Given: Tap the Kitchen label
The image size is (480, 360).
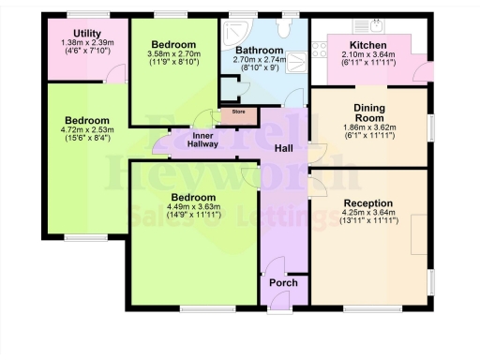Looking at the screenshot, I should [367, 44].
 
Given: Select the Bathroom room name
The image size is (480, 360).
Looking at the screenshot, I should [259, 50].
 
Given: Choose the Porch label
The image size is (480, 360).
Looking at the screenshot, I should [283, 282].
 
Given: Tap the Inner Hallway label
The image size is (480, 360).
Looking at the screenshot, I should [202, 139].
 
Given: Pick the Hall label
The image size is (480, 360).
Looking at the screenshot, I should [285, 148].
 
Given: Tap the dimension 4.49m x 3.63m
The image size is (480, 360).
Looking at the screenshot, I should [193, 207].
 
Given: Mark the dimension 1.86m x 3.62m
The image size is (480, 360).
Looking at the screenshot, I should [369, 126].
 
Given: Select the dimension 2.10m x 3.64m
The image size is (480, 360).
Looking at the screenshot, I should [367, 54].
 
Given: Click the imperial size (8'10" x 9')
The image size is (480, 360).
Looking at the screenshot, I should [259, 68].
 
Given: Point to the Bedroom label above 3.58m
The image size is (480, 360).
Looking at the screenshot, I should [172, 45].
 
